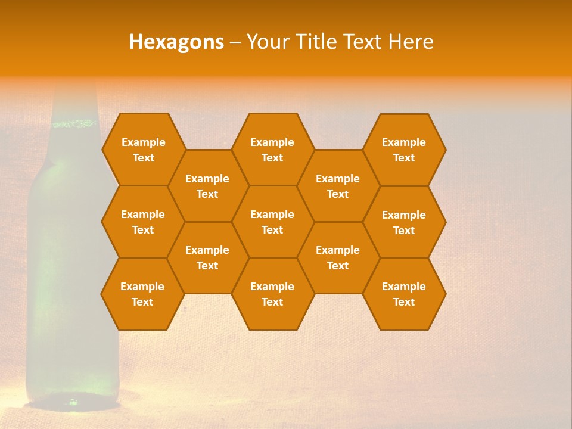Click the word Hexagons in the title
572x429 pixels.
coord(176,42)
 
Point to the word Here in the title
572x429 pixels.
coord(411,42)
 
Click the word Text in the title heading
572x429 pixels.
coord(364,42)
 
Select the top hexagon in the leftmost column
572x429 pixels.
coord(143,150)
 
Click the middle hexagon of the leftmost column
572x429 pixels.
coord(143,222)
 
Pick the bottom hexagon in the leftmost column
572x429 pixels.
coord(142,294)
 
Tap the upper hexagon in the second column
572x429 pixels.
coord(207,186)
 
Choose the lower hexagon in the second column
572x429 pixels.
coord(207,257)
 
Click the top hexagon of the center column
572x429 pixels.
coord(272,150)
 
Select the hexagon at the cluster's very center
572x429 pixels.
coord(272,222)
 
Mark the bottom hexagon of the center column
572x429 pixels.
coord(272,294)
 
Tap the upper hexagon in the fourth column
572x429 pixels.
coord(338,186)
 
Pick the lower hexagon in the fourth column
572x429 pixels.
coord(338,257)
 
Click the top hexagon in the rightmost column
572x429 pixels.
coord(404,150)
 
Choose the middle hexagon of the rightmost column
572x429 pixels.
coord(404,222)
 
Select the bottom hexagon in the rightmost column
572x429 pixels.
coord(404,294)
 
